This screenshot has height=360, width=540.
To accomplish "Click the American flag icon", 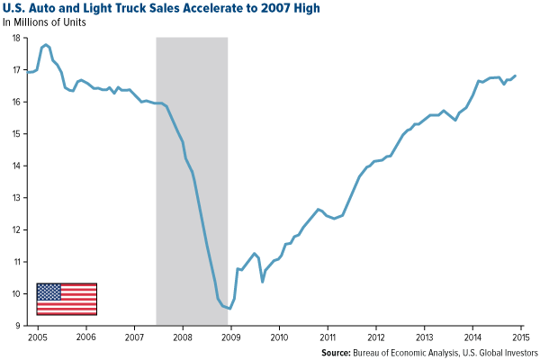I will click(67, 299).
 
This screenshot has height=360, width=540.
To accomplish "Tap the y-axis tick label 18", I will click(17, 39).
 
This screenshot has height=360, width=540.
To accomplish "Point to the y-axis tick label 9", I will click(19, 325).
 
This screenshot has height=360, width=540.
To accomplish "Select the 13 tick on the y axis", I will click(17, 198).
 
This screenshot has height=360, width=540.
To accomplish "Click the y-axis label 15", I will click(17, 134).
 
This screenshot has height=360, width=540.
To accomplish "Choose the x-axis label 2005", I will click(37, 337).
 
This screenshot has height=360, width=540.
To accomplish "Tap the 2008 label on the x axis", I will click(182, 337).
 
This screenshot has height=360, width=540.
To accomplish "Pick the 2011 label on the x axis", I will click(327, 337).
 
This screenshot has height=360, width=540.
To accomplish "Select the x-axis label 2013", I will click(424, 337).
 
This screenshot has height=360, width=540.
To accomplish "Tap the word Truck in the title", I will click(121, 9).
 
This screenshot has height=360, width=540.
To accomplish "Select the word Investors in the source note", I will click(517, 353).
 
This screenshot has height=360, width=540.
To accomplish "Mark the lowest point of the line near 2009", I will click(230, 309).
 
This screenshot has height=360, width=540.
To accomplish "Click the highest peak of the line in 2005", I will click(46, 44).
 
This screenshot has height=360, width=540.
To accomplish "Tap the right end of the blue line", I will click(516, 76).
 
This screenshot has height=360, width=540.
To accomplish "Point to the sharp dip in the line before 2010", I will click(263, 282).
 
